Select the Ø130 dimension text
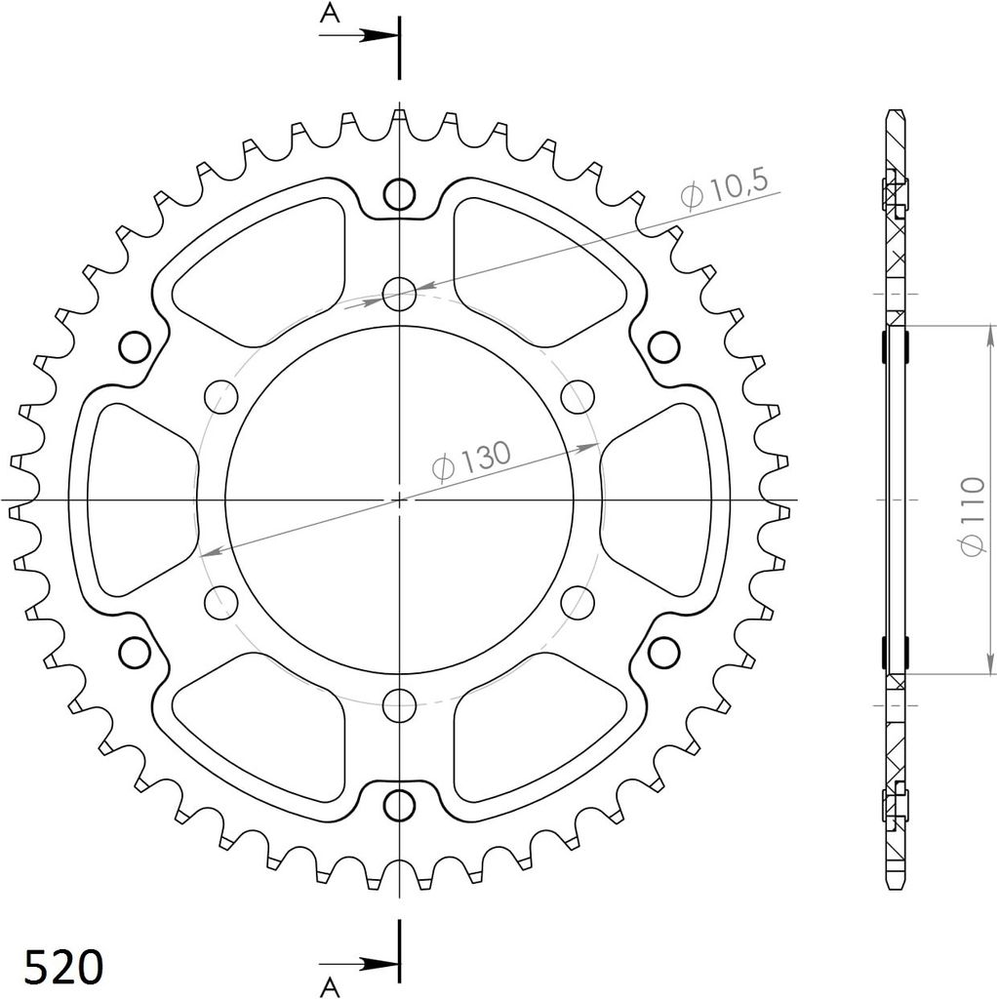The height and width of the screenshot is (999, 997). click(x=471, y=460)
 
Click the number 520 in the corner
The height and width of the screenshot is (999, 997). click(x=63, y=967)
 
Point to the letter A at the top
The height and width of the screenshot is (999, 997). click(x=330, y=13)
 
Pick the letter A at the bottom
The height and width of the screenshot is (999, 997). click(x=330, y=987)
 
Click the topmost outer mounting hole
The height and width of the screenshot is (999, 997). click(x=399, y=194)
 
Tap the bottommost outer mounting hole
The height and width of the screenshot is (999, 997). click(x=399, y=805)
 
